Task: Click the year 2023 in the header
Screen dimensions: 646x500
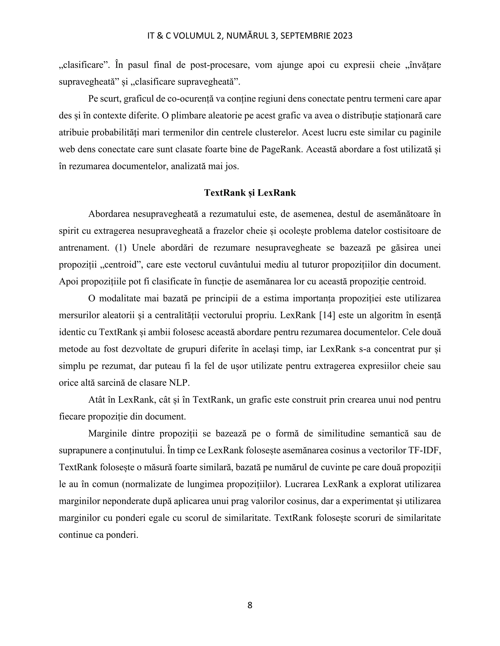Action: click(x=343, y=36)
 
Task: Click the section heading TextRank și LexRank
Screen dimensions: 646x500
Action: click(x=250, y=193)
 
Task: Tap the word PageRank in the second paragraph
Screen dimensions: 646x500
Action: click(x=282, y=149)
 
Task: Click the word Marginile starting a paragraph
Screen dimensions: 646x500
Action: click(x=107, y=434)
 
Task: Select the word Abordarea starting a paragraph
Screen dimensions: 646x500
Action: click(x=109, y=214)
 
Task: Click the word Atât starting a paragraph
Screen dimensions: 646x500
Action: click(x=97, y=400)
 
